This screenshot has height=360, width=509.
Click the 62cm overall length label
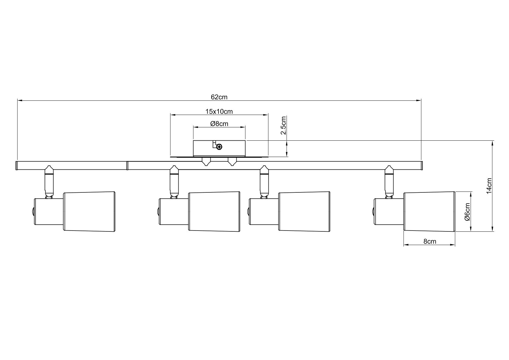click(219, 97)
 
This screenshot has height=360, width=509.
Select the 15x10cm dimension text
click(219, 112)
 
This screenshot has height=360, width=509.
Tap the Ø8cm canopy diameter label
click(219, 124)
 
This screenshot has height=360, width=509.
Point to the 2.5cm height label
click(283, 125)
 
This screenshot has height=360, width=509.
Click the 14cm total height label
click(489, 185)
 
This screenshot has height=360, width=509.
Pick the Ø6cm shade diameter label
click(467, 212)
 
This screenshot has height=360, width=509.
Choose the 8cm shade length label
click(430, 241)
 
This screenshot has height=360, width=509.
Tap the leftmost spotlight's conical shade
click(89, 211)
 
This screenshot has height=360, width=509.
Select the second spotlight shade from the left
click(214, 211)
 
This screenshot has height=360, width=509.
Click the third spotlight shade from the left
click(304, 211)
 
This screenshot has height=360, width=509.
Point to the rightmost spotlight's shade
click(429, 211)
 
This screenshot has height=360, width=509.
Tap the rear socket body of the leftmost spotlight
click(49, 211)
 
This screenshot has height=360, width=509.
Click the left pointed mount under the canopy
click(206, 162)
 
